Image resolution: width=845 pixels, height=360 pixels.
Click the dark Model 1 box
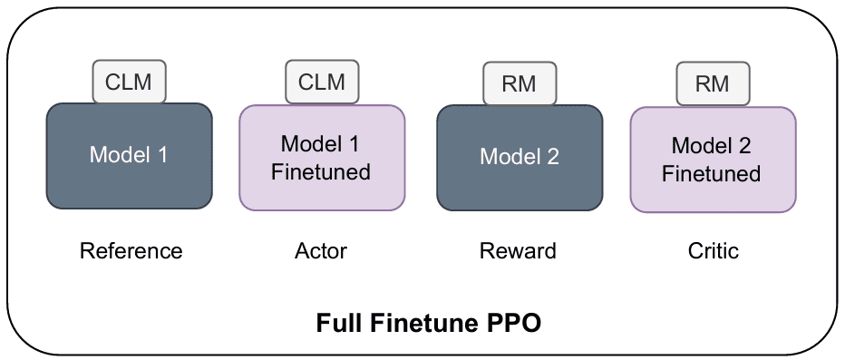(x=130, y=156)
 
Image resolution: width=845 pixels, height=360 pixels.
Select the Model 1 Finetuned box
(x=322, y=158)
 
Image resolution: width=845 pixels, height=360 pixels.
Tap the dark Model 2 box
(x=520, y=158)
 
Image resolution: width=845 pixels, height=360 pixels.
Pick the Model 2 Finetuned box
(x=713, y=160)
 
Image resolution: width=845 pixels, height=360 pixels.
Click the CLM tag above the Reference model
(x=129, y=82)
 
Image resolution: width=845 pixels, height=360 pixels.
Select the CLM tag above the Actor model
(x=322, y=82)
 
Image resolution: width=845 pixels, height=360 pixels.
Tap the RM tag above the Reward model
(x=519, y=83)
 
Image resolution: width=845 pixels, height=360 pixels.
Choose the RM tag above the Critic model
(x=713, y=83)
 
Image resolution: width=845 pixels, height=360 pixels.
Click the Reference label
(x=131, y=251)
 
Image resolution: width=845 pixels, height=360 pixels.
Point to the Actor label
(x=321, y=251)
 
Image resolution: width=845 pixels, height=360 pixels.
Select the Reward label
(x=518, y=251)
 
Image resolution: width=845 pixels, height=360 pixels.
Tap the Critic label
(x=713, y=251)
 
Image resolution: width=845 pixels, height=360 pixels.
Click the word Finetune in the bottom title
(x=426, y=324)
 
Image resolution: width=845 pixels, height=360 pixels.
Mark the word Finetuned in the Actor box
(x=321, y=172)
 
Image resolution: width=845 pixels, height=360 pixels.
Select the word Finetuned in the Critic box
(x=712, y=174)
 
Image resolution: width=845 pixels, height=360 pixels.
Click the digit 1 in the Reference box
(x=161, y=155)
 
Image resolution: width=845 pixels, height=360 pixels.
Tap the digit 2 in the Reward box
(x=552, y=157)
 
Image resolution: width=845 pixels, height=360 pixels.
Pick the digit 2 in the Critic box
(x=744, y=146)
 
